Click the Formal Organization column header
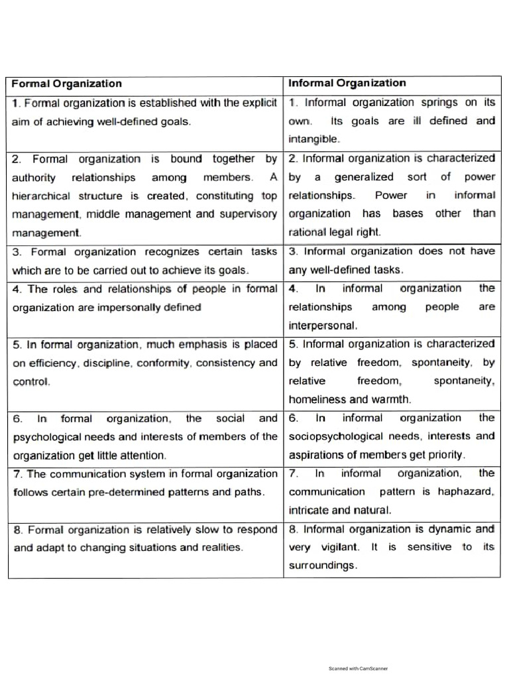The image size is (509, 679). tap(67, 84)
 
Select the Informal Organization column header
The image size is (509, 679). tap(347, 83)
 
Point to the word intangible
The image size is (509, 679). tap(313, 139)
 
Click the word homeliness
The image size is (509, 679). tap(317, 399)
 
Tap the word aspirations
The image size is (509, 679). tap(313, 455)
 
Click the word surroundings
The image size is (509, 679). tap(323, 566)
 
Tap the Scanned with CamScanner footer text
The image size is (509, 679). tap(358, 668)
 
